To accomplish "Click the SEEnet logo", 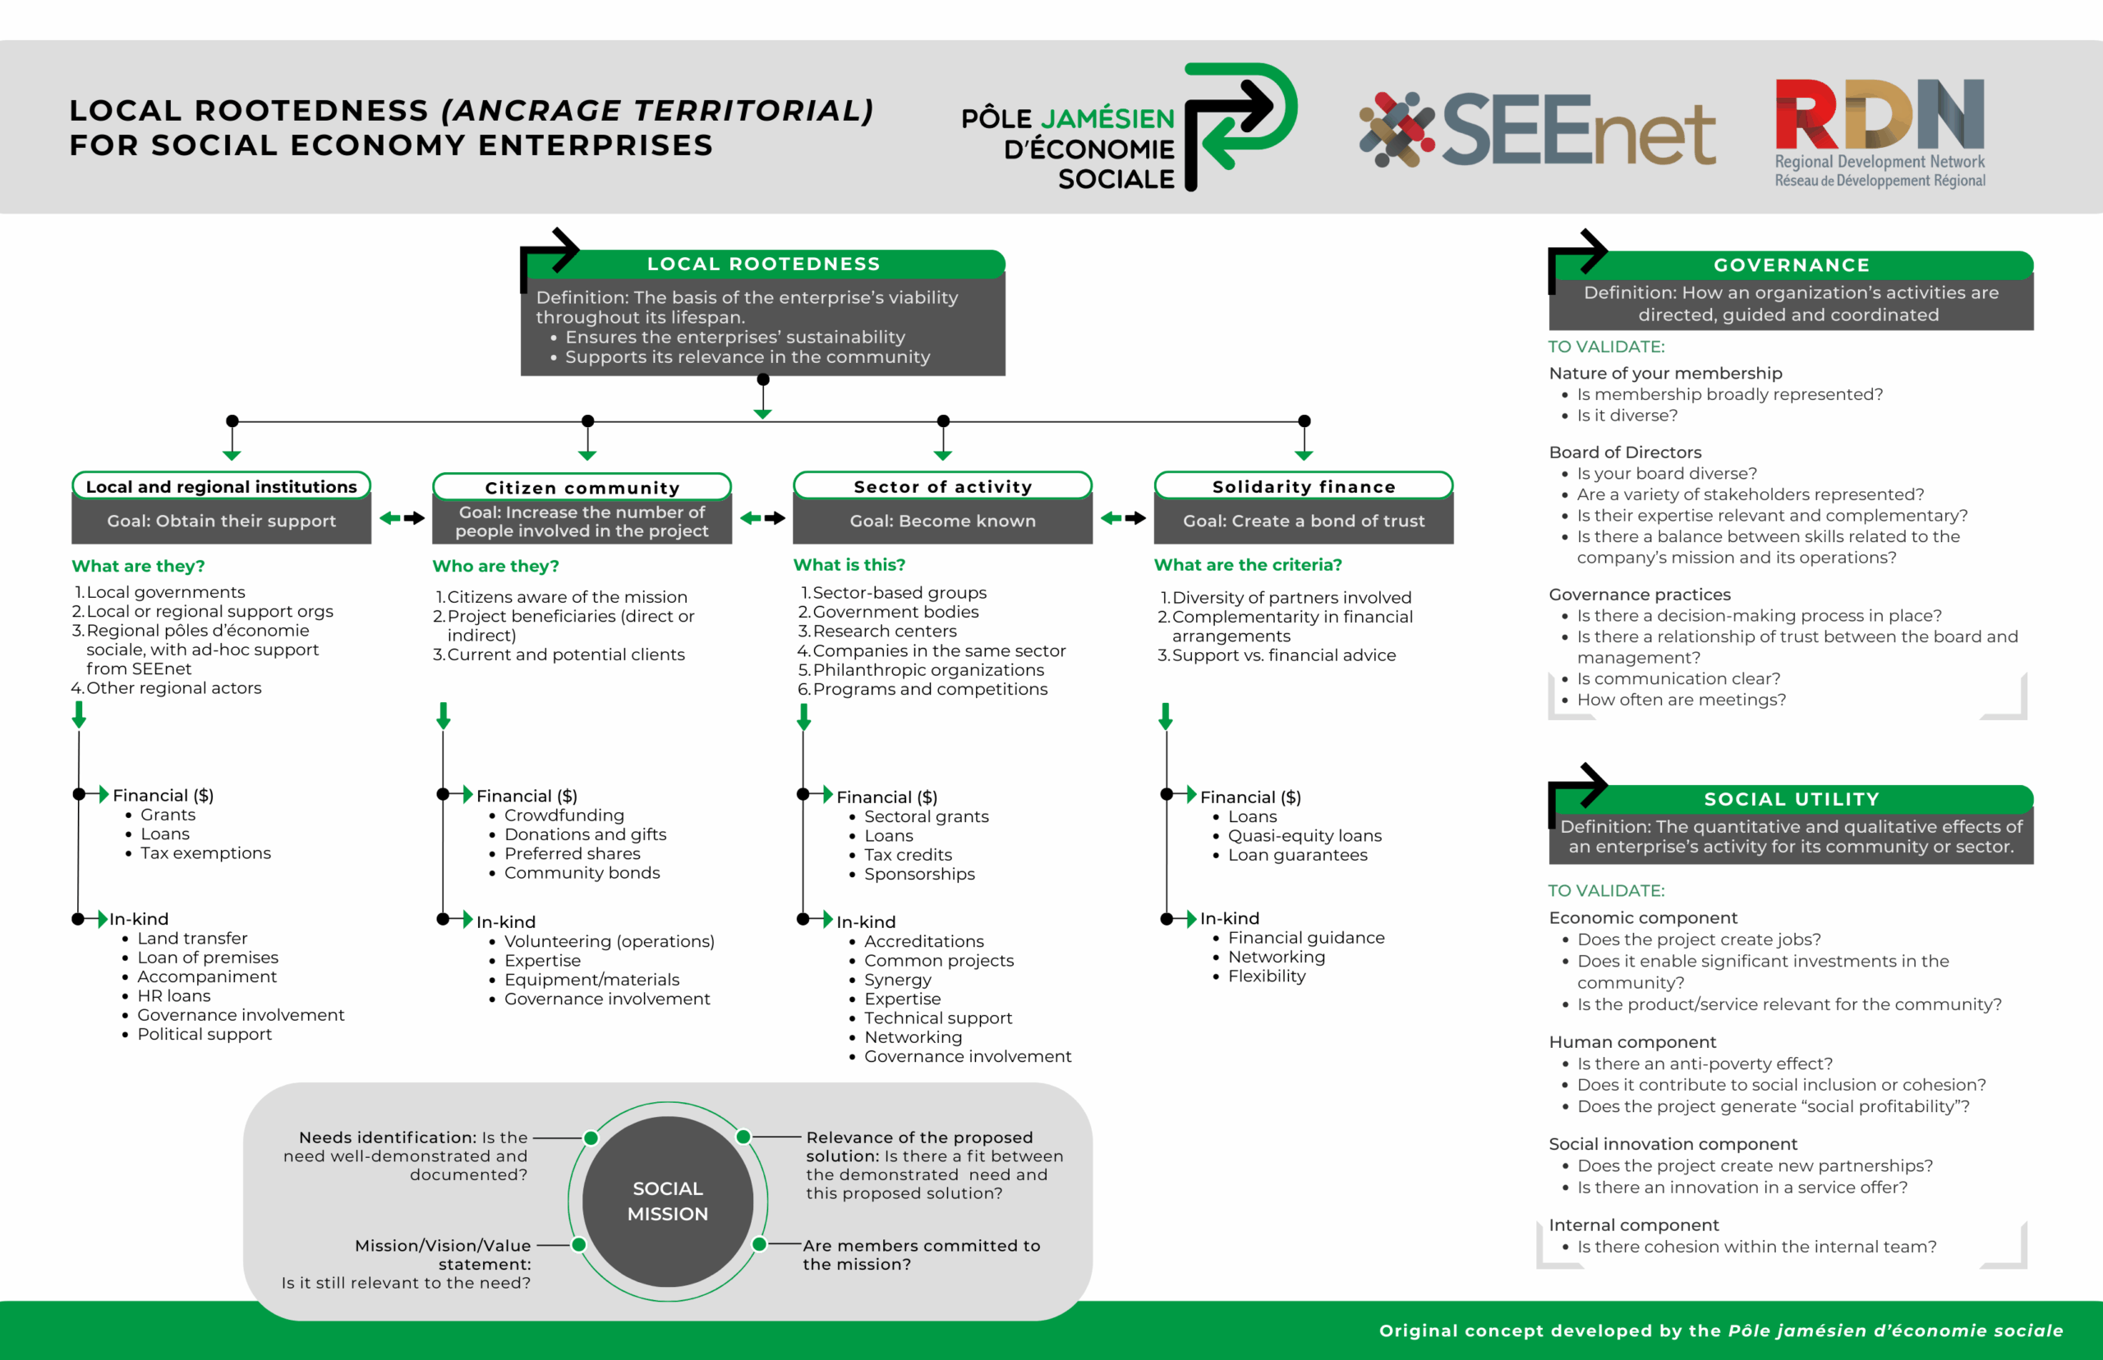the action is [x=1537, y=130].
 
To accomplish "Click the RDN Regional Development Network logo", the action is [x=1880, y=132].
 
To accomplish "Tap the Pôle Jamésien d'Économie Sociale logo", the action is [x=1129, y=127].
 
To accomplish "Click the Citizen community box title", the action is [x=582, y=488].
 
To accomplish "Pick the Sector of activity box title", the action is [x=942, y=487].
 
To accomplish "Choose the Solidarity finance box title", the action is [x=1304, y=487].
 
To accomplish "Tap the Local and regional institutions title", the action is [x=222, y=487].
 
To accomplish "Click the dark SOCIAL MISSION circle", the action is [x=668, y=1201].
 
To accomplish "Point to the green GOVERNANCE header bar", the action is [x=1791, y=265].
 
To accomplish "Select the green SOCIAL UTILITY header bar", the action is [x=1791, y=799].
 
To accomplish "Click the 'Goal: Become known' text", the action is [x=942, y=521].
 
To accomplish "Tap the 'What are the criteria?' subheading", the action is [x=1248, y=565].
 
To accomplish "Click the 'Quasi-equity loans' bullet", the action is [x=1305, y=835].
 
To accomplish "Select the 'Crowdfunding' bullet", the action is [x=564, y=816].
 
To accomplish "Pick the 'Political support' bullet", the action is [x=204, y=1034].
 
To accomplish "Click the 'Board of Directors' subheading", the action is [x=1625, y=453].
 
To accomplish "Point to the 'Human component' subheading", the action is [x=1632, y=1042].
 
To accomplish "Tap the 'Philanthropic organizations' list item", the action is [x=928, y=670].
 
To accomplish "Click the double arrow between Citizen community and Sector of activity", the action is [x=762, y=518].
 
